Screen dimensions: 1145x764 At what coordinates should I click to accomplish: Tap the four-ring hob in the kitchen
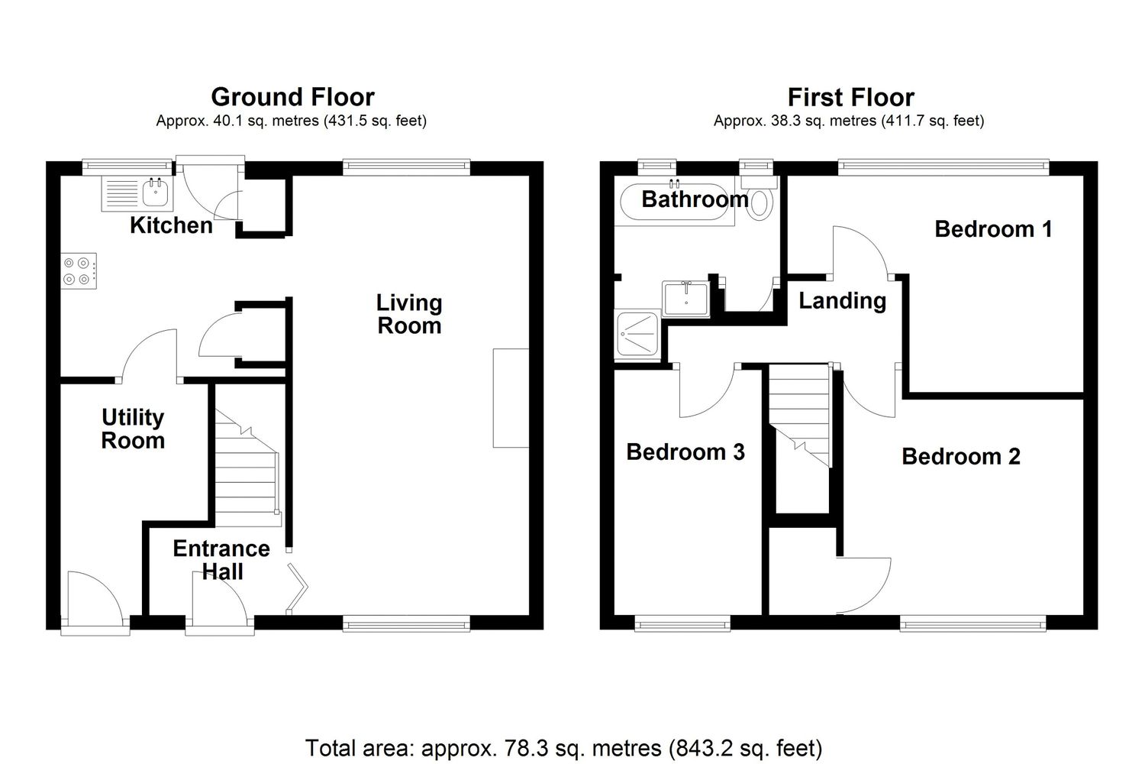pyautogui.click(x=79, y=271)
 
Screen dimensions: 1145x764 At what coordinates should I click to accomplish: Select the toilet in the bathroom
pyautogui.click(x=760, y=198)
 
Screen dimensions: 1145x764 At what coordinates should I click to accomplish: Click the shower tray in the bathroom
pyautogui.click(x=637, y=335)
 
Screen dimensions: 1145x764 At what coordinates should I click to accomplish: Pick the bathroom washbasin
pyautogui.click(x=685, y=298)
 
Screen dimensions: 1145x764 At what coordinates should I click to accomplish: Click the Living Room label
pyautogui.click(x=409, y=314)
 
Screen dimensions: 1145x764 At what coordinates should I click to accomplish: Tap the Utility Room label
pyautogui.click(x=133, y=429)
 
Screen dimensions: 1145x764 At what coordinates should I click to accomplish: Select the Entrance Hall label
pyautogui.click(x=221, y=560)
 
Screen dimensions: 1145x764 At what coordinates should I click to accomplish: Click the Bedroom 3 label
pyautogui.click(x=685, y=452)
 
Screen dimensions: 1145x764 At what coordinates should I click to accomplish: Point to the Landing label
pyautogui.click(x=843, y=301)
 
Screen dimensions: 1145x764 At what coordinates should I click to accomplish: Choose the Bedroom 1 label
pyautogui.click(x=994, y=228)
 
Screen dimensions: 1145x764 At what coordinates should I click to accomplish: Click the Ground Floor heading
pyautogui.click(x=293, y=97)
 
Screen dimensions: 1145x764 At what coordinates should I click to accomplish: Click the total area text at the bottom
pyautogui.click(x=564, y=748)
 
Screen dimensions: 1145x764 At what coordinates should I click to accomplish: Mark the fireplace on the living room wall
pyautogui.click(x=511, y=398)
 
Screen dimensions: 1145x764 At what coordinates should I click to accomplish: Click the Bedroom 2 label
pyautogui.click(x=961, y=456)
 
